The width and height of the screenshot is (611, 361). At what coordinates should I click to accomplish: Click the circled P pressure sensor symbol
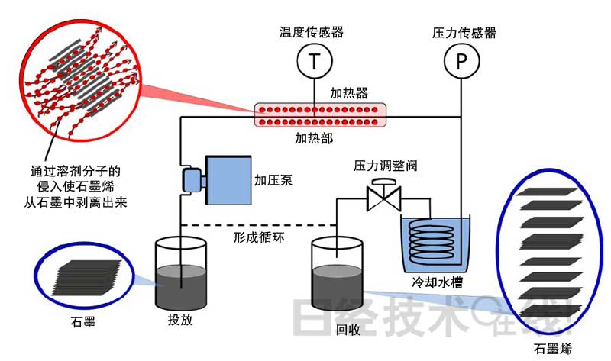tap(461, 60)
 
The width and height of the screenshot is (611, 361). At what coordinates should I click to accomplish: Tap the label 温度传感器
tap(312, 32)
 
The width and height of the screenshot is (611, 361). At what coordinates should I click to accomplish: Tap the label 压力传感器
tap(464, 32)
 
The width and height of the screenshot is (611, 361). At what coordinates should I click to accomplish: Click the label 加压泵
tap(273, 181)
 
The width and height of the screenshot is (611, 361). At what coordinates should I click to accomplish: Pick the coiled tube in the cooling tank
tap(433, 240)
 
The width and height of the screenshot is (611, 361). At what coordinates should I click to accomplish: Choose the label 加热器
tap(348, 92)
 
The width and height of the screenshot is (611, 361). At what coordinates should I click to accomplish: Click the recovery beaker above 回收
tap(338, 276)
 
